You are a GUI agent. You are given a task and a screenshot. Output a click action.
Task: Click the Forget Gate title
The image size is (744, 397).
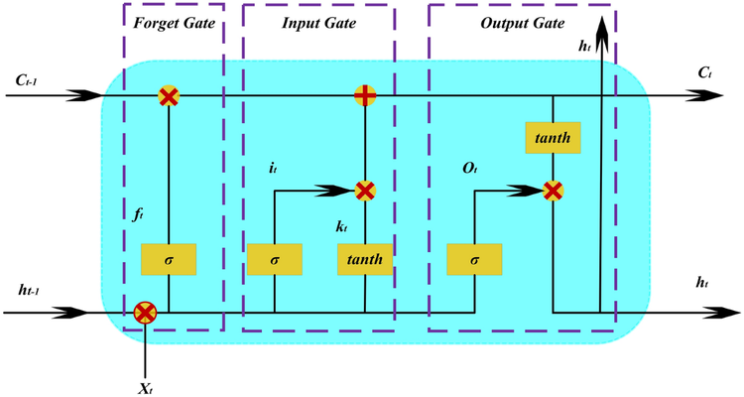(174, 22)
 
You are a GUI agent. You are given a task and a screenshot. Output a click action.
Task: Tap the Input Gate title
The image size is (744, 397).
(319, 22)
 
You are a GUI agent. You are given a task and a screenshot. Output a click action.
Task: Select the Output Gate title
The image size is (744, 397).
(522, 22)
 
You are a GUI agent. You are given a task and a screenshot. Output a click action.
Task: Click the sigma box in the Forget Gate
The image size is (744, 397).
(169, 260)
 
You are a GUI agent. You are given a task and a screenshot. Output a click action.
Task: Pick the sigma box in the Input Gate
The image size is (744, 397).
(275, 260)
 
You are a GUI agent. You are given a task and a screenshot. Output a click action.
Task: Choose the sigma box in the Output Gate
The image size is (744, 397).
(474, 260)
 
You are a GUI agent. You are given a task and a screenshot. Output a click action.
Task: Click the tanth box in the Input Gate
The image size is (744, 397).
(365, 260)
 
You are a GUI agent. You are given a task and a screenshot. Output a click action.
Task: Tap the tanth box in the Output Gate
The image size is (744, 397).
(553, 139)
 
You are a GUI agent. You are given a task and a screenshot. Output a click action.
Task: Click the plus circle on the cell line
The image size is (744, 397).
(365, 96)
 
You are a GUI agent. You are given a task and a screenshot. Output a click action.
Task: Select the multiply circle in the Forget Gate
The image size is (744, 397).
(169, 96)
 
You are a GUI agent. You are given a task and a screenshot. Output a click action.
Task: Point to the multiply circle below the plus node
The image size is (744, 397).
(365, 190)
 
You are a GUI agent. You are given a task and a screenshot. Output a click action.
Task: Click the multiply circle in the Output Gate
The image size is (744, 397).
(553, 190)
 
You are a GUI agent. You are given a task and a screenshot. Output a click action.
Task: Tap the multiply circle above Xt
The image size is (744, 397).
(145, 313)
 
